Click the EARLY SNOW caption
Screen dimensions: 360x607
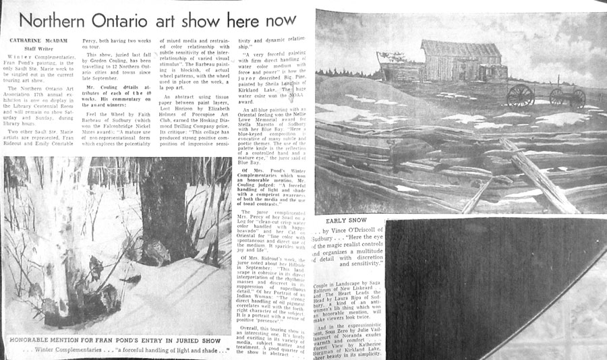[348, 220]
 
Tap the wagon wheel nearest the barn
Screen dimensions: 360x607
[521, 95]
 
